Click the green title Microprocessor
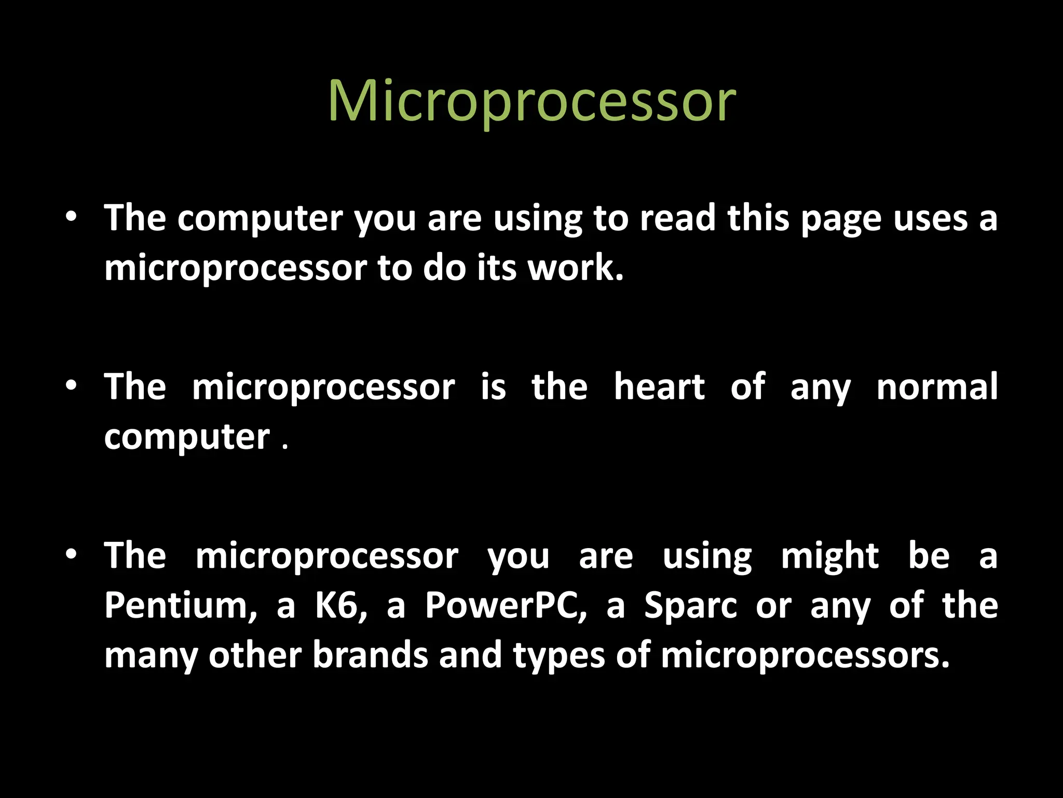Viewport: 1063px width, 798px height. [x=531, y=101]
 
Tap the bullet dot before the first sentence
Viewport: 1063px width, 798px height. [x=72, y=217]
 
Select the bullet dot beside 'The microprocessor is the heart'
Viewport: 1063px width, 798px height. [x=72, y=385]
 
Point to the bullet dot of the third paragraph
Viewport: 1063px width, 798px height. [x=72, y=554]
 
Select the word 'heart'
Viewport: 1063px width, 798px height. [x=659, y=387]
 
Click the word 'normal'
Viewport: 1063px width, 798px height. [x=937, y=387]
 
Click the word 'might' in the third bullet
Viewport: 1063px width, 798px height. [x=830, y=556]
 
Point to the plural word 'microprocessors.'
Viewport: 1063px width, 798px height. [x=805, y=656]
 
